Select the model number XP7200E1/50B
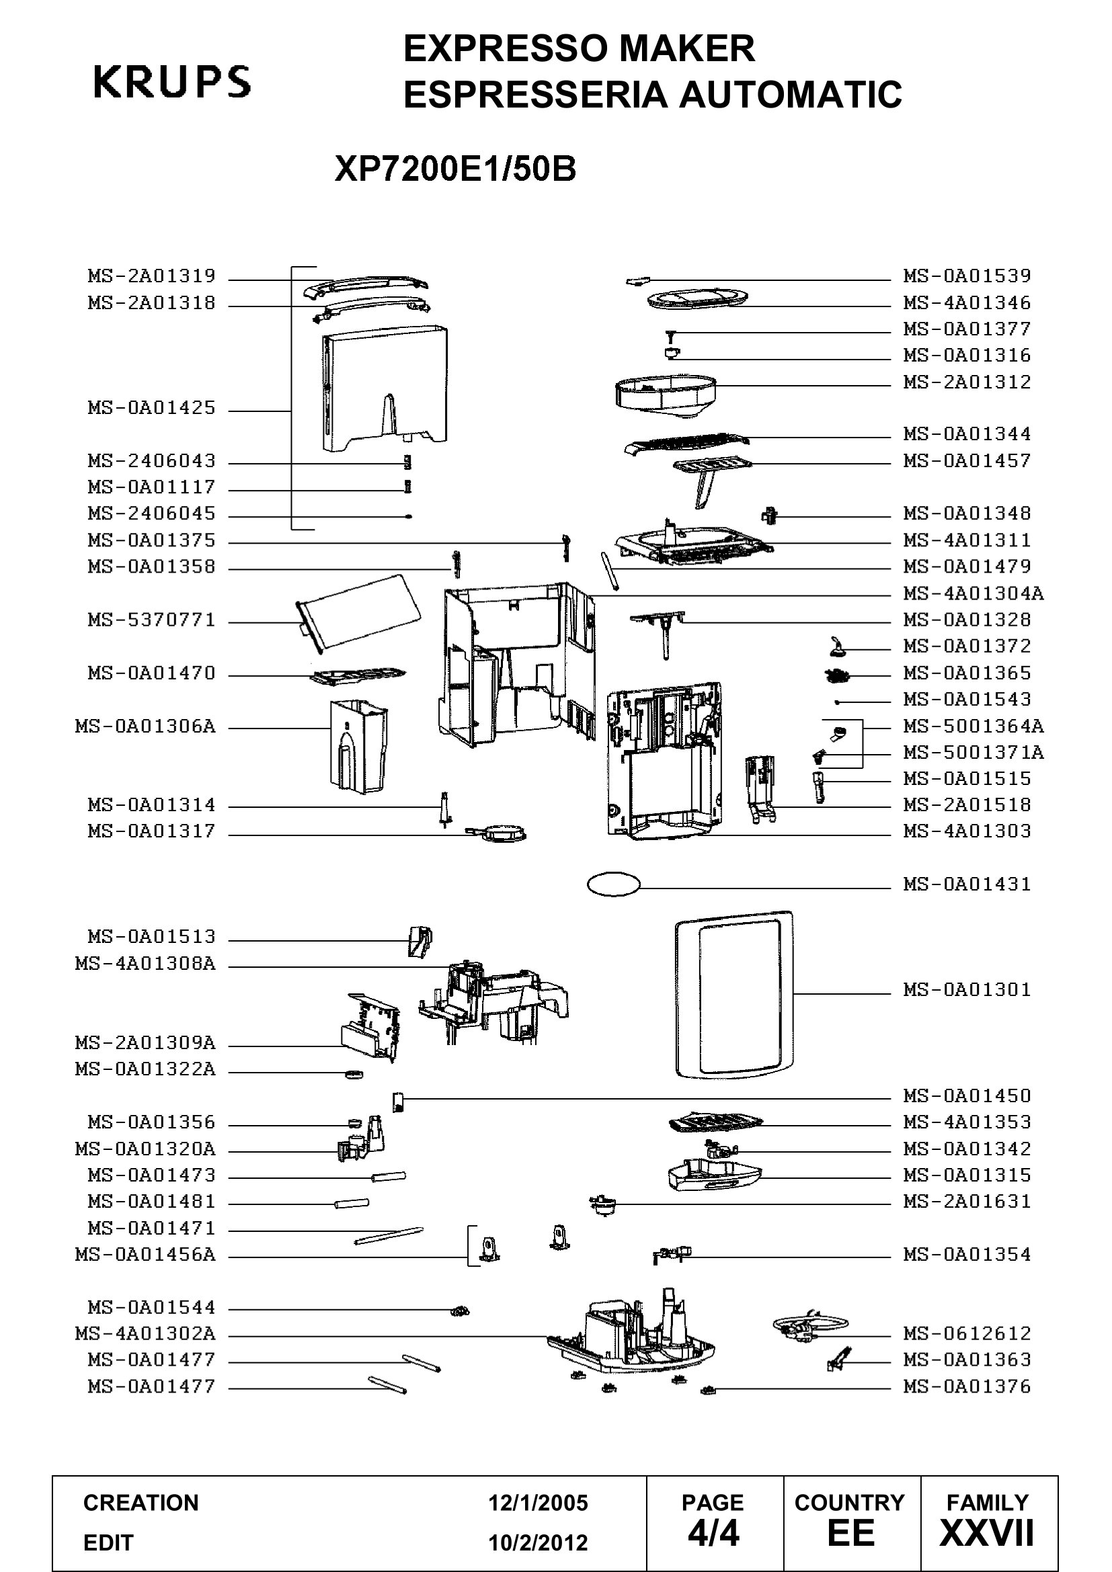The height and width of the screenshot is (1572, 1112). click(455, 169)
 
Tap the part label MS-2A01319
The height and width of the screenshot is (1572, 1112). click(151, 276)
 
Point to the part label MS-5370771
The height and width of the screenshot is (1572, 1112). click(151, 620)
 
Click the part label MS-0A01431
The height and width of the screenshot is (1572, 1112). click(967, 884)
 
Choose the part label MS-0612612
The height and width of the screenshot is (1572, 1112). click(967, 1333)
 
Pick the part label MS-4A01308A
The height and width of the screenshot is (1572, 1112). click(145, 964)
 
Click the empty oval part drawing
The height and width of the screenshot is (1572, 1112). click(614, 884)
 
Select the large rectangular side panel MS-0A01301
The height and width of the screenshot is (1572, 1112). click(733, 994)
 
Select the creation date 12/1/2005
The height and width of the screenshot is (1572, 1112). click(538, 1502)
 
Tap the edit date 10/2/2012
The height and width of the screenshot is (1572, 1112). click(538, 1542)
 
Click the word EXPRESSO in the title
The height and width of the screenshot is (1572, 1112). click(506, 48)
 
